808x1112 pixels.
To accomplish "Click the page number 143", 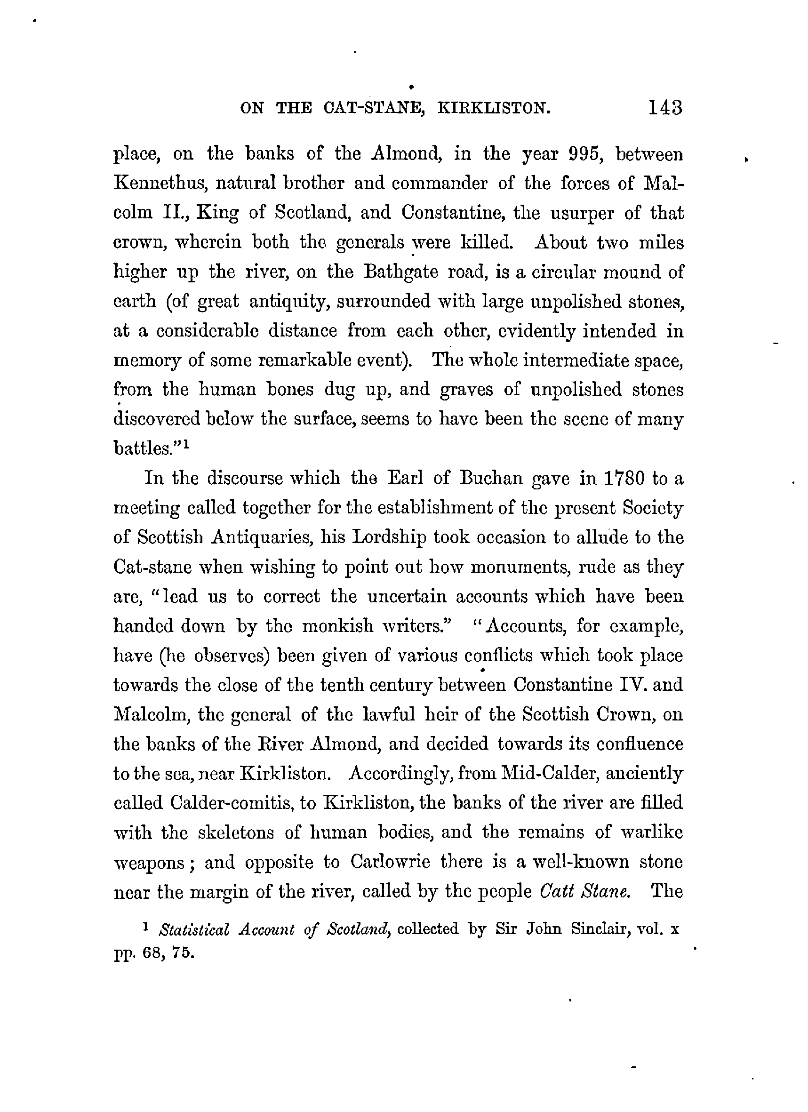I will (x=665, y=107).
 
